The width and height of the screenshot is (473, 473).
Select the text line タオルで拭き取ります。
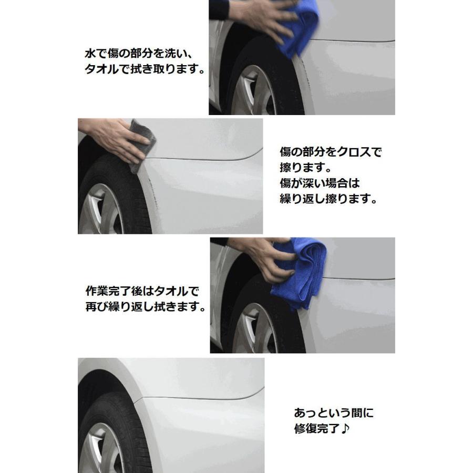coord(144,69)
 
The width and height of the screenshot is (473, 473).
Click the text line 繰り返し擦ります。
coord(328,200)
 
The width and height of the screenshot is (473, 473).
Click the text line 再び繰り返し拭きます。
coord(145,306)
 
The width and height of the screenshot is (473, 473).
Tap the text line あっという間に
coord(333,413)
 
